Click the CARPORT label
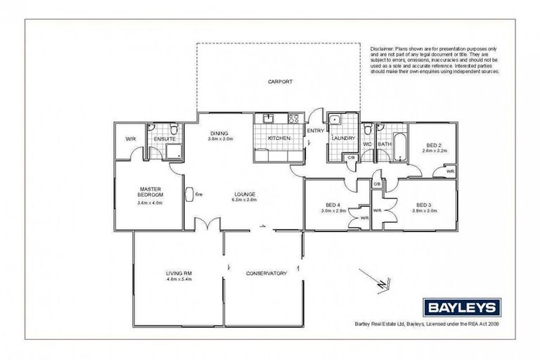[x=280, y=82]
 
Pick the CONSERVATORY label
[x=266, y=273]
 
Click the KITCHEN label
[x=279, y=139]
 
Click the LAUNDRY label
[x=343, y=139]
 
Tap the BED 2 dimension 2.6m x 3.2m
[x=435, y=150]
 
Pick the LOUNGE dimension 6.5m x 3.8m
[x=245, y=200]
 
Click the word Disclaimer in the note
[x=384, y=48]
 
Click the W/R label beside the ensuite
[x=131, y=139]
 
